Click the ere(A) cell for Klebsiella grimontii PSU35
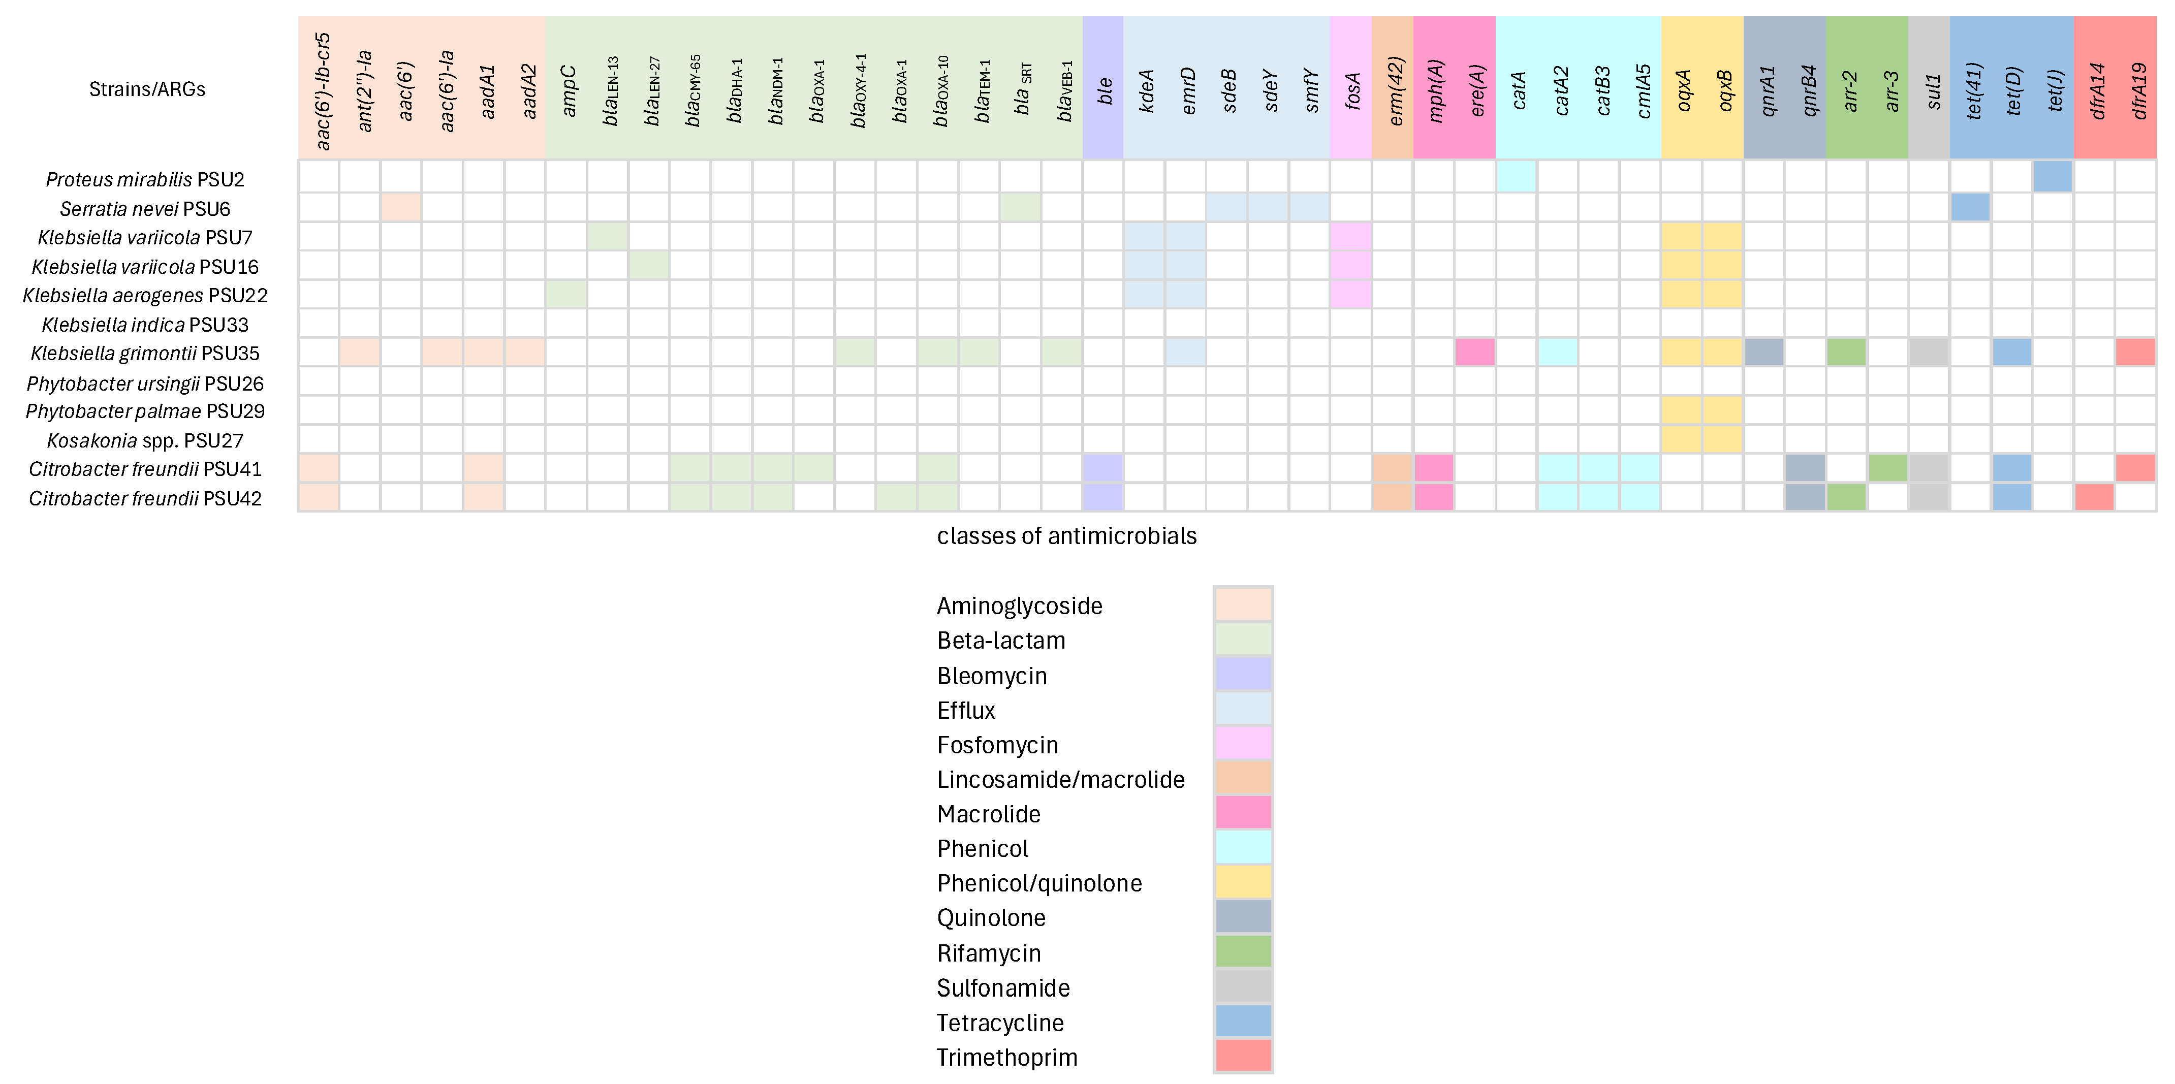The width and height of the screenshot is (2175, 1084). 1474,352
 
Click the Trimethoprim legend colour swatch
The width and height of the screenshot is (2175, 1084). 1243,1055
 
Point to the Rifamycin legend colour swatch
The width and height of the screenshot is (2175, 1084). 1243,951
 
